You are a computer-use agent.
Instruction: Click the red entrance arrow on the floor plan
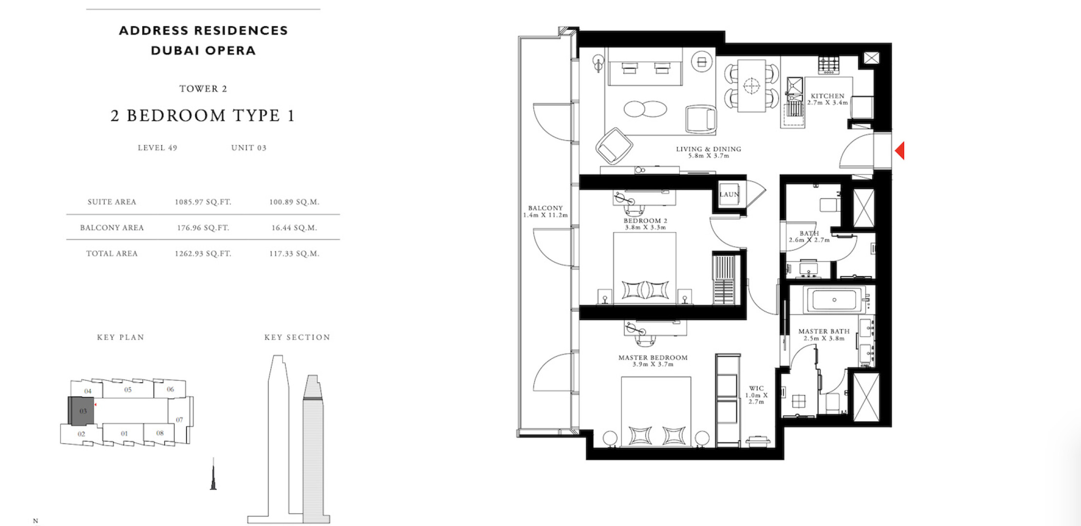[x=900, y=150]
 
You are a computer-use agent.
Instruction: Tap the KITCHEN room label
[x=827, y=96]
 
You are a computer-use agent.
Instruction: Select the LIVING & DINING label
[x=708, y=149]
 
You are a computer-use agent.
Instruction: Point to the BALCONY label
[x=545, y=208]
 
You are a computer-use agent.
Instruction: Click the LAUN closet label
[x=729, y=194]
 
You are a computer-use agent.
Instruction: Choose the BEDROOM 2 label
[x=646, y=221]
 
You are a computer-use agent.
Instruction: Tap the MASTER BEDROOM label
[x=653, y=357]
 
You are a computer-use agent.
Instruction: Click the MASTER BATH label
[x=824, y=331]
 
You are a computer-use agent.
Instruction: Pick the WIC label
[x=756, y=388]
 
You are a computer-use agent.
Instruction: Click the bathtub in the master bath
[x=834, y=300]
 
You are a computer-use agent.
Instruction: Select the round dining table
[x=751, y=86]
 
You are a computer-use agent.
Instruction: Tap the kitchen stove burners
[x=829, y=65]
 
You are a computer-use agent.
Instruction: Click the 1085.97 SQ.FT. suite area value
[x=203, y=202]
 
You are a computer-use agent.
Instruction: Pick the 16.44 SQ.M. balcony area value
[x=294, y=227]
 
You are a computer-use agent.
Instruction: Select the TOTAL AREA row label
[x=112, y=253]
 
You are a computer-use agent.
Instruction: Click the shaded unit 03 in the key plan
[x=81, y=411]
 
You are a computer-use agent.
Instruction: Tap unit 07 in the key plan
[x=180, y=420]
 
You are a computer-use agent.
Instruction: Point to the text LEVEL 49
[x=157, y=148]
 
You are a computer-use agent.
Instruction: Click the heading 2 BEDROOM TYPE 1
[x=203, y=115]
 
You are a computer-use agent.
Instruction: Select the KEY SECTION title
[x=297, y=337]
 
